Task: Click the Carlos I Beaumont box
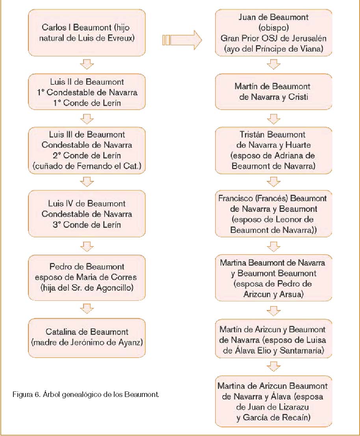(x=87, y=33)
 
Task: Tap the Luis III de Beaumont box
(x=87, y=150)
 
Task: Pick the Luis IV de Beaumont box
(x=87, y=214)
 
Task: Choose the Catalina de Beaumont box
(x=87, y=337)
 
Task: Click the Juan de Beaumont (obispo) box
(x=273, y=33)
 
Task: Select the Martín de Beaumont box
(x=273, y=91)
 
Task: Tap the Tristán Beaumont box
(x=273, y=151)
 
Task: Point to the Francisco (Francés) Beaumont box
(x=273, y=214)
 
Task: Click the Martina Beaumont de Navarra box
(x=273, y=278)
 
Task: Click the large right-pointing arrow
(x=181, y=40)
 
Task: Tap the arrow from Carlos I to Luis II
(x=87, y=64)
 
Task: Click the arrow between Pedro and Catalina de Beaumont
(x=87, y=308)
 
